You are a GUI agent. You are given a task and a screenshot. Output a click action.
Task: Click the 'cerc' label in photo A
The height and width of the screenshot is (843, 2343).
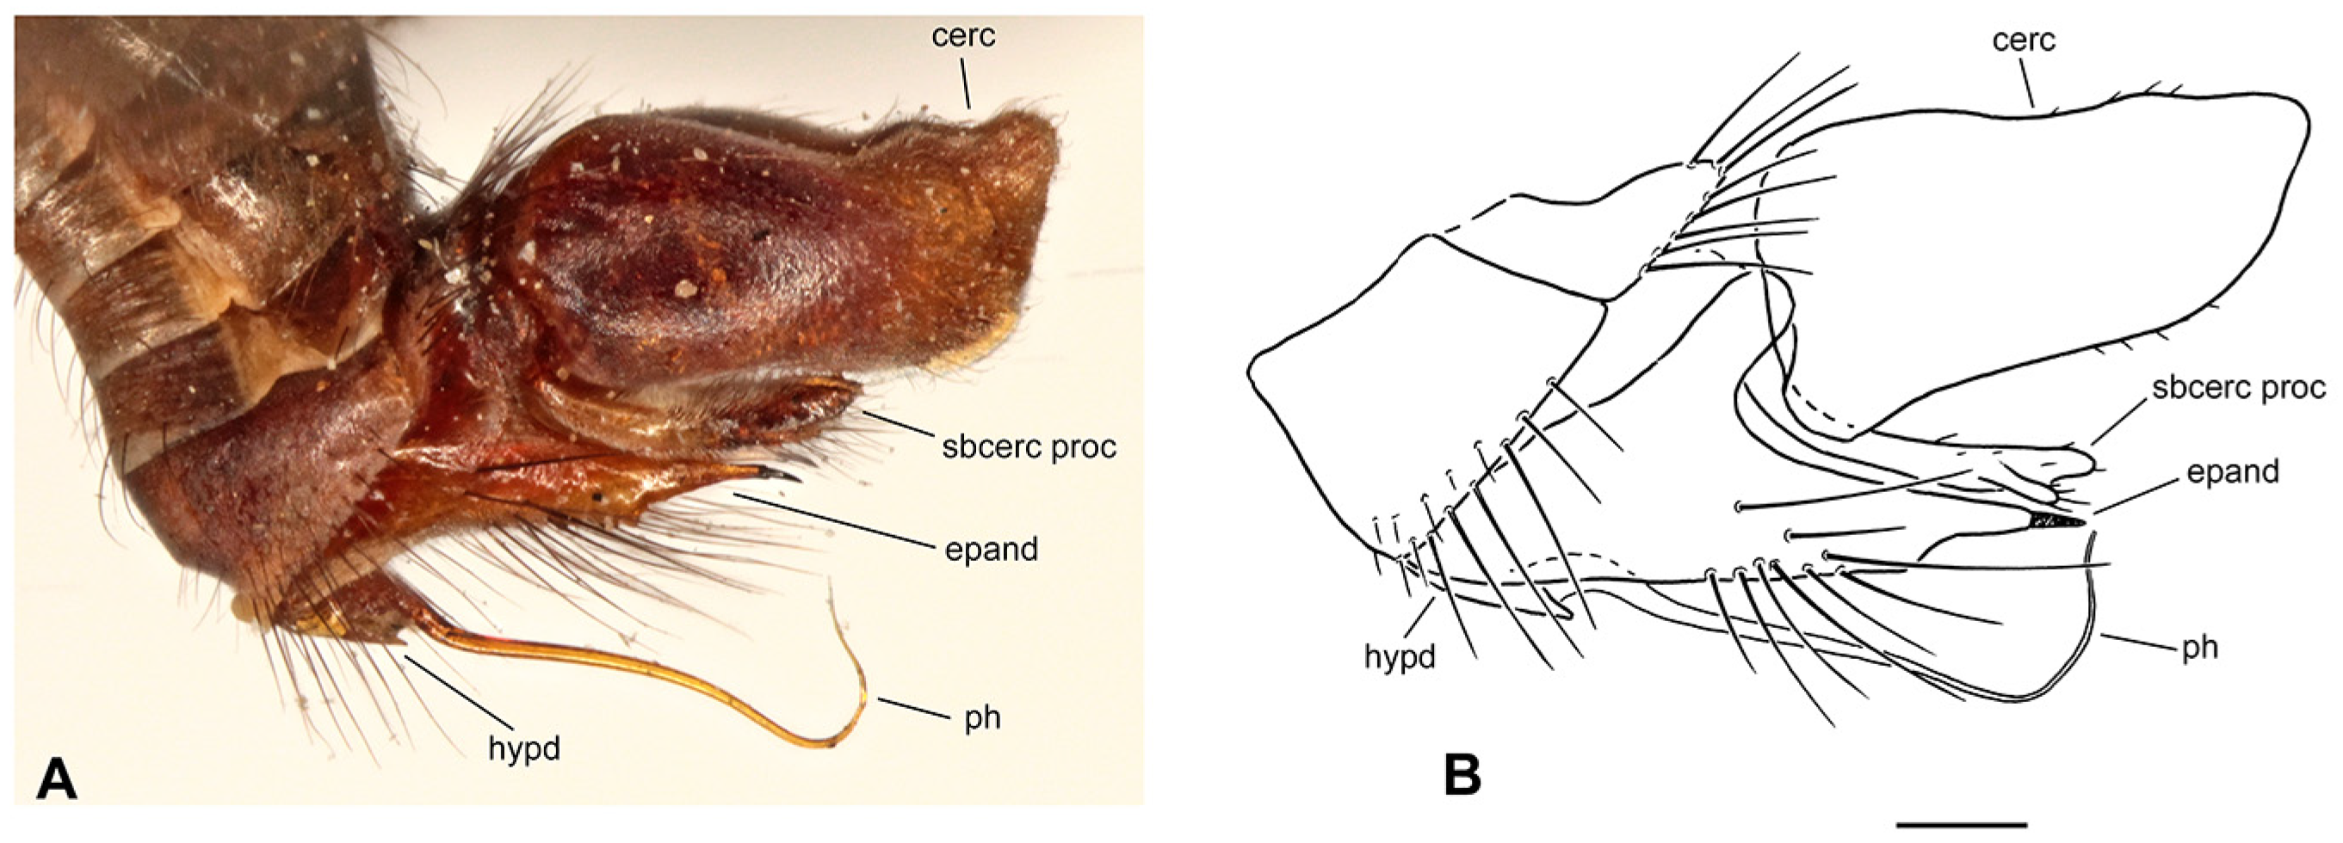pyautogui.click(x=963, y=37)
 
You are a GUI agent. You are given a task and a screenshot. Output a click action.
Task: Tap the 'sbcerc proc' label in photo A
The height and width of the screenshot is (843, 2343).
pyautogui.click(x=1029, y=447)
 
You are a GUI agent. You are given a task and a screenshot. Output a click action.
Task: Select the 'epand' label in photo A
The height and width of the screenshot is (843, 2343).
pyautogui.click(x=992, y=550)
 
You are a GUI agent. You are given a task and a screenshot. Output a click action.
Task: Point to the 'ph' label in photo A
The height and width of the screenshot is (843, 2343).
pyautogui.click(x=982, y=718)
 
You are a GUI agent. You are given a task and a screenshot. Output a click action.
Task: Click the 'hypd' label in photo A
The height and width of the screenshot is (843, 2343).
pyautogui.click(x=524, y=748)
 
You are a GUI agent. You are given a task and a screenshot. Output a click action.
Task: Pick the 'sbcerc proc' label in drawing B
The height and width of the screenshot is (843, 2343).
pyautogui.click(x=2238, y=388)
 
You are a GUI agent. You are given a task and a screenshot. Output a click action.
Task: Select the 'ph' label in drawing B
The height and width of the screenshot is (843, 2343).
pyautogui.click(x=2198, y=648)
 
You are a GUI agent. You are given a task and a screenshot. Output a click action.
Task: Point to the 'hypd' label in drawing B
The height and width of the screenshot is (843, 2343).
pyautogui.click(x=1400, y=656)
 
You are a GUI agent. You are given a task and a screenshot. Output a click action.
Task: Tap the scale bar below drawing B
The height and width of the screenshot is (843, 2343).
pyautogui.click(x=1962, y=825)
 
